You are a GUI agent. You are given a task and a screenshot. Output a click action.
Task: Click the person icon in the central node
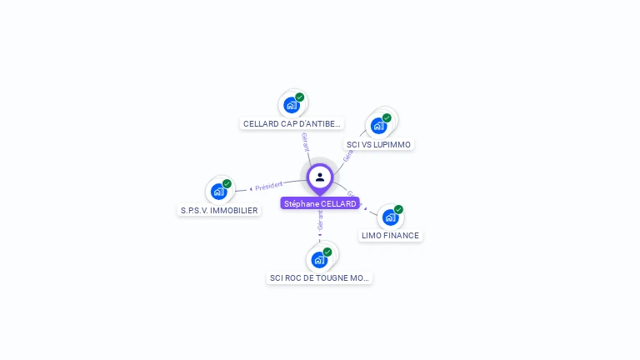320,177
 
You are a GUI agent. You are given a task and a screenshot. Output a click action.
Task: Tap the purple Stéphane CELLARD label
320,203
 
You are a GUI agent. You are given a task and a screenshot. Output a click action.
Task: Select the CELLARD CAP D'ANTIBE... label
292,123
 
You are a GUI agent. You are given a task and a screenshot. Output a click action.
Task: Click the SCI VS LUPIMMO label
378,144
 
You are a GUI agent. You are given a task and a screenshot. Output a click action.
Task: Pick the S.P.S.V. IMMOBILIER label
219,210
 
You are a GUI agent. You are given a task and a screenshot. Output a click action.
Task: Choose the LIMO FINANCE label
390,235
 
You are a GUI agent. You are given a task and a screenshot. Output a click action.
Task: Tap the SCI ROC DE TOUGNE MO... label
320,277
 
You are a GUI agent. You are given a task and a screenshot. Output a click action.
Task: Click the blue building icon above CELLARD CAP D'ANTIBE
291,105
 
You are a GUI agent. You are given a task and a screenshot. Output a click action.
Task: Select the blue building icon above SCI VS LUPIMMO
378,126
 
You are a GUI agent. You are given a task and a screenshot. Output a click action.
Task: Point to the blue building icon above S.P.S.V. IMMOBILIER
218,192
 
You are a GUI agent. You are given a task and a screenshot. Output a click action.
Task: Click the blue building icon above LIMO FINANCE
390,217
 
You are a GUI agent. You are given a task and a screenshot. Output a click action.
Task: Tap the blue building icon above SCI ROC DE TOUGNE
319,259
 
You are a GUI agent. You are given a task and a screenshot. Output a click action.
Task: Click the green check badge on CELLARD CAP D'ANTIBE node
300,97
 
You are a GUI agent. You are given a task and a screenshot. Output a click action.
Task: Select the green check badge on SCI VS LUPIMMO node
387,117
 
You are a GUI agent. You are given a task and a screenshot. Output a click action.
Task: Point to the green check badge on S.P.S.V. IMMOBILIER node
227,183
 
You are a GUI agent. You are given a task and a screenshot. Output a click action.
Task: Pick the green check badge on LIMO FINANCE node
398,209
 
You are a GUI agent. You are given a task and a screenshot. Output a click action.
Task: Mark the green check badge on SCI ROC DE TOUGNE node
327,252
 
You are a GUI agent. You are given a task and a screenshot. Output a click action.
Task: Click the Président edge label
269,185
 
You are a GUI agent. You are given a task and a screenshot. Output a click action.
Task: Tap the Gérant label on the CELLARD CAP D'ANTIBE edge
305,141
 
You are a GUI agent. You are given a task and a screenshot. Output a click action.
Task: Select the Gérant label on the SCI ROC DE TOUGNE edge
321,219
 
